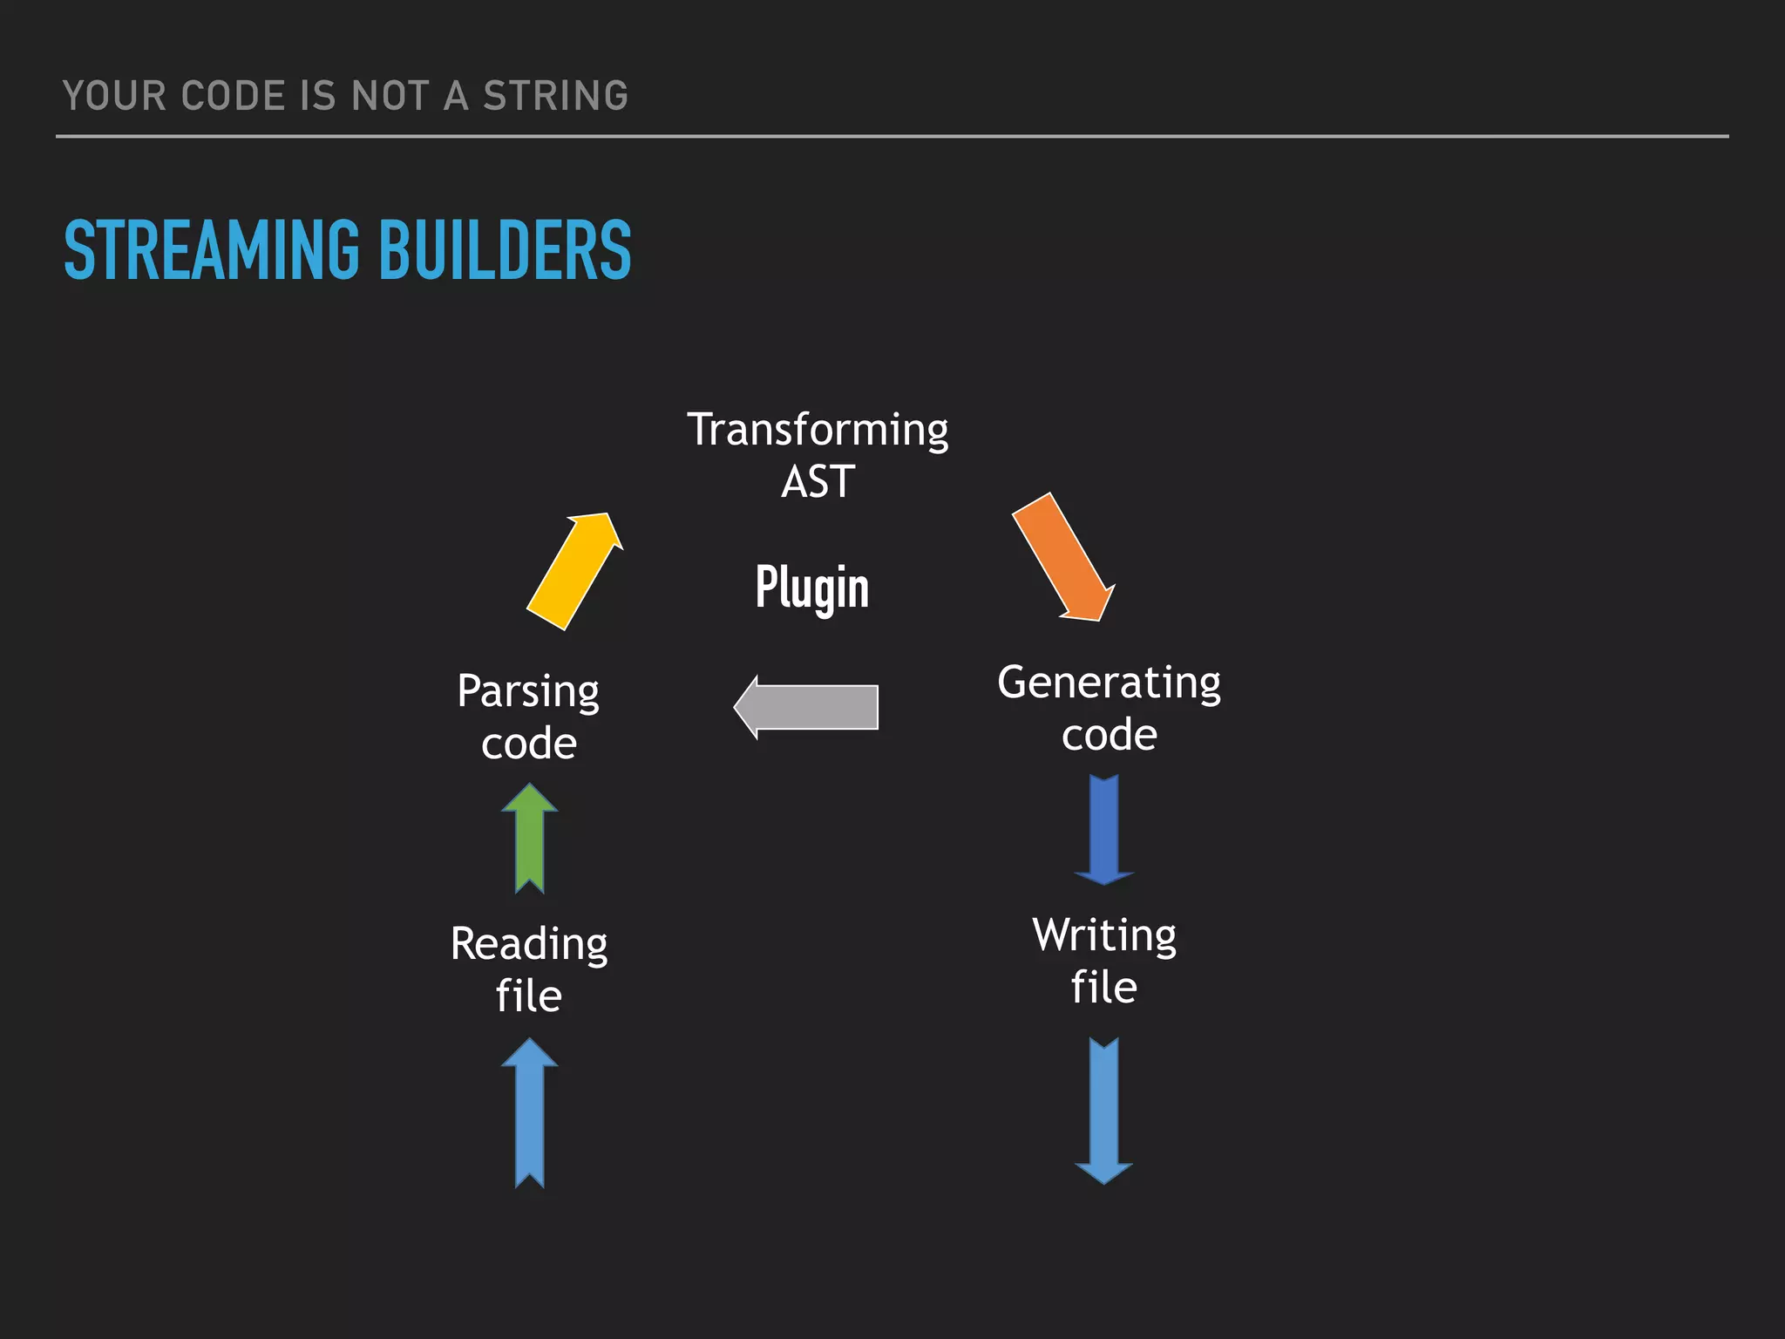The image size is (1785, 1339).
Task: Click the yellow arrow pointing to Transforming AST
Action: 574,571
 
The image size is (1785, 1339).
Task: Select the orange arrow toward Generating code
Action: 1062,557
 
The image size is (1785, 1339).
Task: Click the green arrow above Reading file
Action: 530,839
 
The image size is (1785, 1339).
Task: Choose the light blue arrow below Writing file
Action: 1104,1111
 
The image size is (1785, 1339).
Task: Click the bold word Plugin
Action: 812,587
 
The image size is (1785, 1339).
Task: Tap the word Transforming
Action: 818,430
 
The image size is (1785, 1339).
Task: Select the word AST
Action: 818,482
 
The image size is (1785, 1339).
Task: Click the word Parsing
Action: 528,692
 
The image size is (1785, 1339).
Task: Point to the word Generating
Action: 1109,683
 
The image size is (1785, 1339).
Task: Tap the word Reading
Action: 529,944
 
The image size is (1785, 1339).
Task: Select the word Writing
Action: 1104,935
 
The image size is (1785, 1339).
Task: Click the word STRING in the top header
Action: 555,96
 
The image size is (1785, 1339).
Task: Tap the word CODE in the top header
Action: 233,96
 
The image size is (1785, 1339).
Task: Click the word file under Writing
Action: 1104,988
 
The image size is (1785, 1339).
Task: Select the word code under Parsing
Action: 529,744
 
